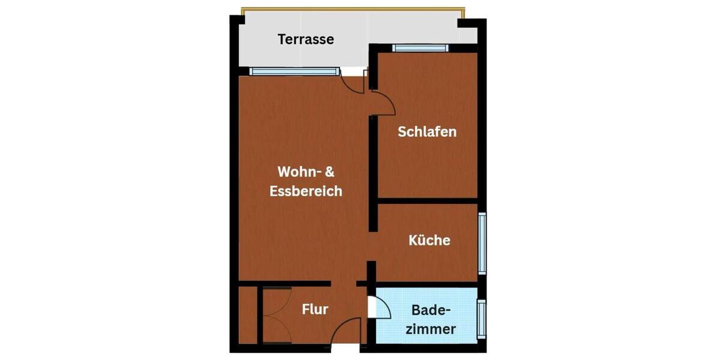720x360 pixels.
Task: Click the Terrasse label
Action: tap(305, 40)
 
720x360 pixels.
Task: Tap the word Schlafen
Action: tap(427, 131)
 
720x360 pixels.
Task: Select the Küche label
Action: tap(429, 241)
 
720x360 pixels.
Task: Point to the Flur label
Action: tap(314, 310)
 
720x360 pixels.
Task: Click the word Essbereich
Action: tap(306, 191)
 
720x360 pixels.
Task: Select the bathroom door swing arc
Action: tap(384, 306)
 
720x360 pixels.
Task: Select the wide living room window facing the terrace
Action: tap(294, 71)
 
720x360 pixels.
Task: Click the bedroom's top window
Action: tap(420, 48)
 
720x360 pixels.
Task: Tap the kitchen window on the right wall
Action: tap(482, 242)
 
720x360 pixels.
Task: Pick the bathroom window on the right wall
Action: tap(481, 319)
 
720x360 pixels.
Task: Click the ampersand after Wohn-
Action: tap(329, 172)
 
